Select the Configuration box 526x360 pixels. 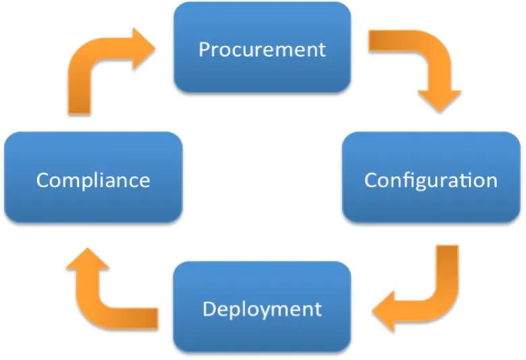pyautogui.click(x=431, y=179)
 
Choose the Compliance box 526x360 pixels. pyautogui.click(x=93, y=179)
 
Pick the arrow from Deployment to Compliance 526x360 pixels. pyautogui.click(x=101, y=290)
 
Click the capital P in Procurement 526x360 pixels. pyautogui.click(x=204, y=49)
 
